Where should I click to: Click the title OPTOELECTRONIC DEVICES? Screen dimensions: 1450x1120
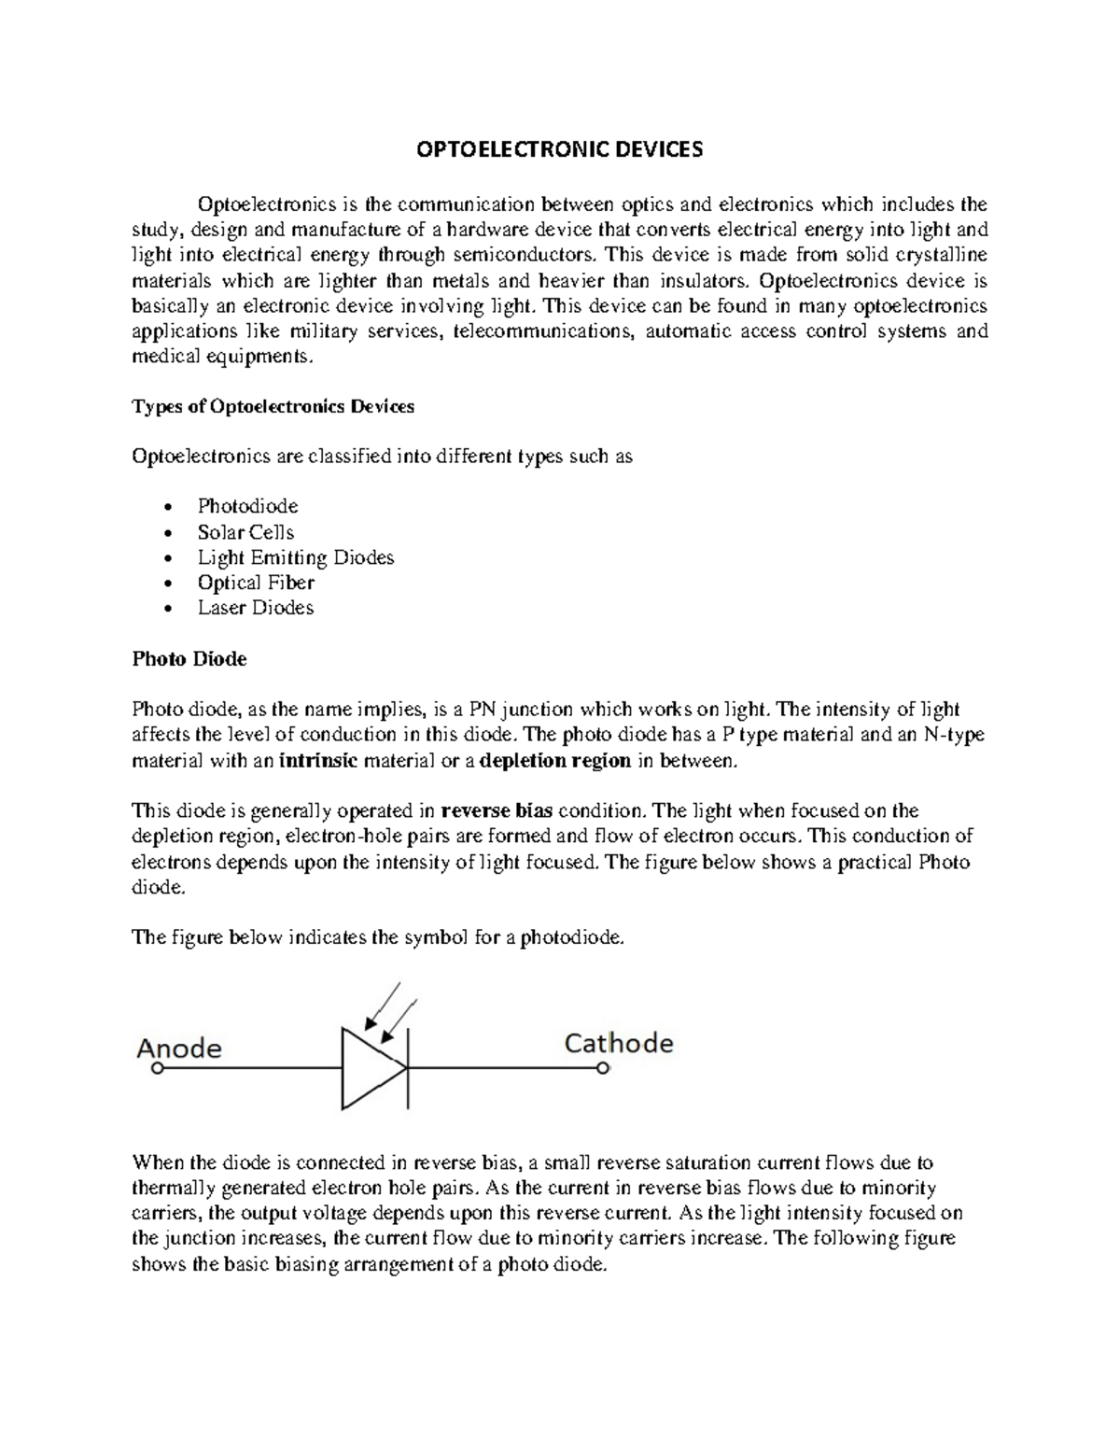tap(559, 150)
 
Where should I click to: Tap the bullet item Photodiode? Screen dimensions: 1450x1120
tap(247, 507)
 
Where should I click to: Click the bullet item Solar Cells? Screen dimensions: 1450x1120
tap(245, 532)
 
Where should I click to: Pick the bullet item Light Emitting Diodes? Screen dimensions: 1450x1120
tap(296, 557)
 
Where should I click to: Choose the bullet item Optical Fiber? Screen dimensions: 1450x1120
tap(256, 583)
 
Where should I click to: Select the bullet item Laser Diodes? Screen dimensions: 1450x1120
tap(256, 608)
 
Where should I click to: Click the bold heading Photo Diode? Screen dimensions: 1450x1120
tap(189, 659)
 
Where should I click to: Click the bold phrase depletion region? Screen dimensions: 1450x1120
tap(555, 761)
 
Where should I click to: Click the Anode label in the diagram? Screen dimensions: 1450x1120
tap(179, 1049)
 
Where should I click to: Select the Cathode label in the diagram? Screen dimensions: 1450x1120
tap(619, 1043)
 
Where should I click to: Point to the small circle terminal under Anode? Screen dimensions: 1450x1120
tap(158, 1070)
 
